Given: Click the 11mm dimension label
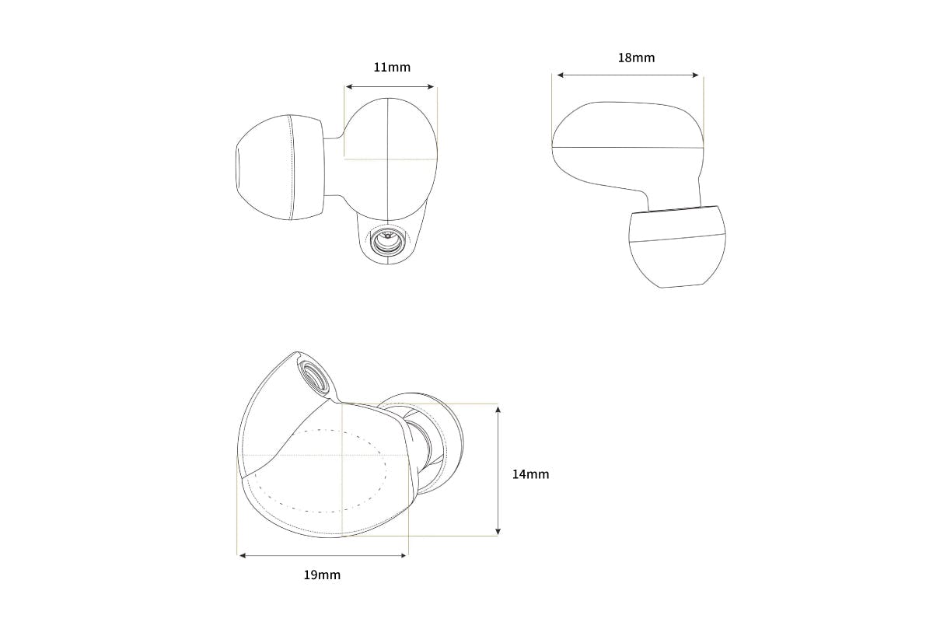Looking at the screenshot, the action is (392, 67).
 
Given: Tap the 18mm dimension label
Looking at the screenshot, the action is (636, 58).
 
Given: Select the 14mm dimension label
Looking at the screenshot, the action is (530, 474).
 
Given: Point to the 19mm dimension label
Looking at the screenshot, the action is (322, 575).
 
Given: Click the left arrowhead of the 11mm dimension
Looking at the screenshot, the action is (349, 86).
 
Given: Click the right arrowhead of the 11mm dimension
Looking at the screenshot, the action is (431, 86).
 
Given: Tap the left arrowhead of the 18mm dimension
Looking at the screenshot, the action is (561, 75).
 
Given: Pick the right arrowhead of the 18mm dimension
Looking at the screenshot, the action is (695, 75).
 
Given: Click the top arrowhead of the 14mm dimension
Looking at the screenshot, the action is (498, 410).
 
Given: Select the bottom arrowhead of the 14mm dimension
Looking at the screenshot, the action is (498, 532).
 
